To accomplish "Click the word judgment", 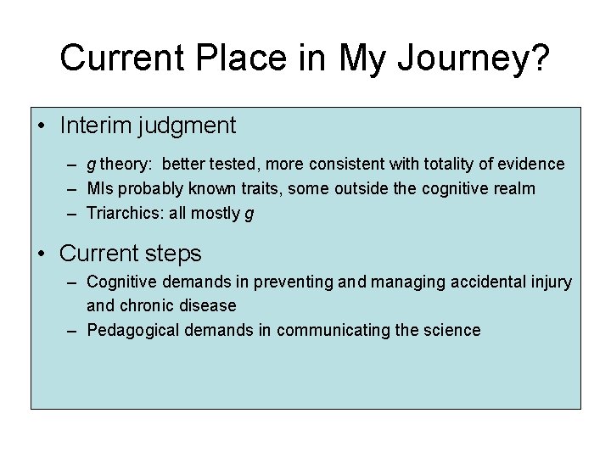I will [191, 126].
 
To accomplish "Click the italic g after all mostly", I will [249, 215].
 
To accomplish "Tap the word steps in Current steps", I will [173, 254].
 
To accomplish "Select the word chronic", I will [148, 305].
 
